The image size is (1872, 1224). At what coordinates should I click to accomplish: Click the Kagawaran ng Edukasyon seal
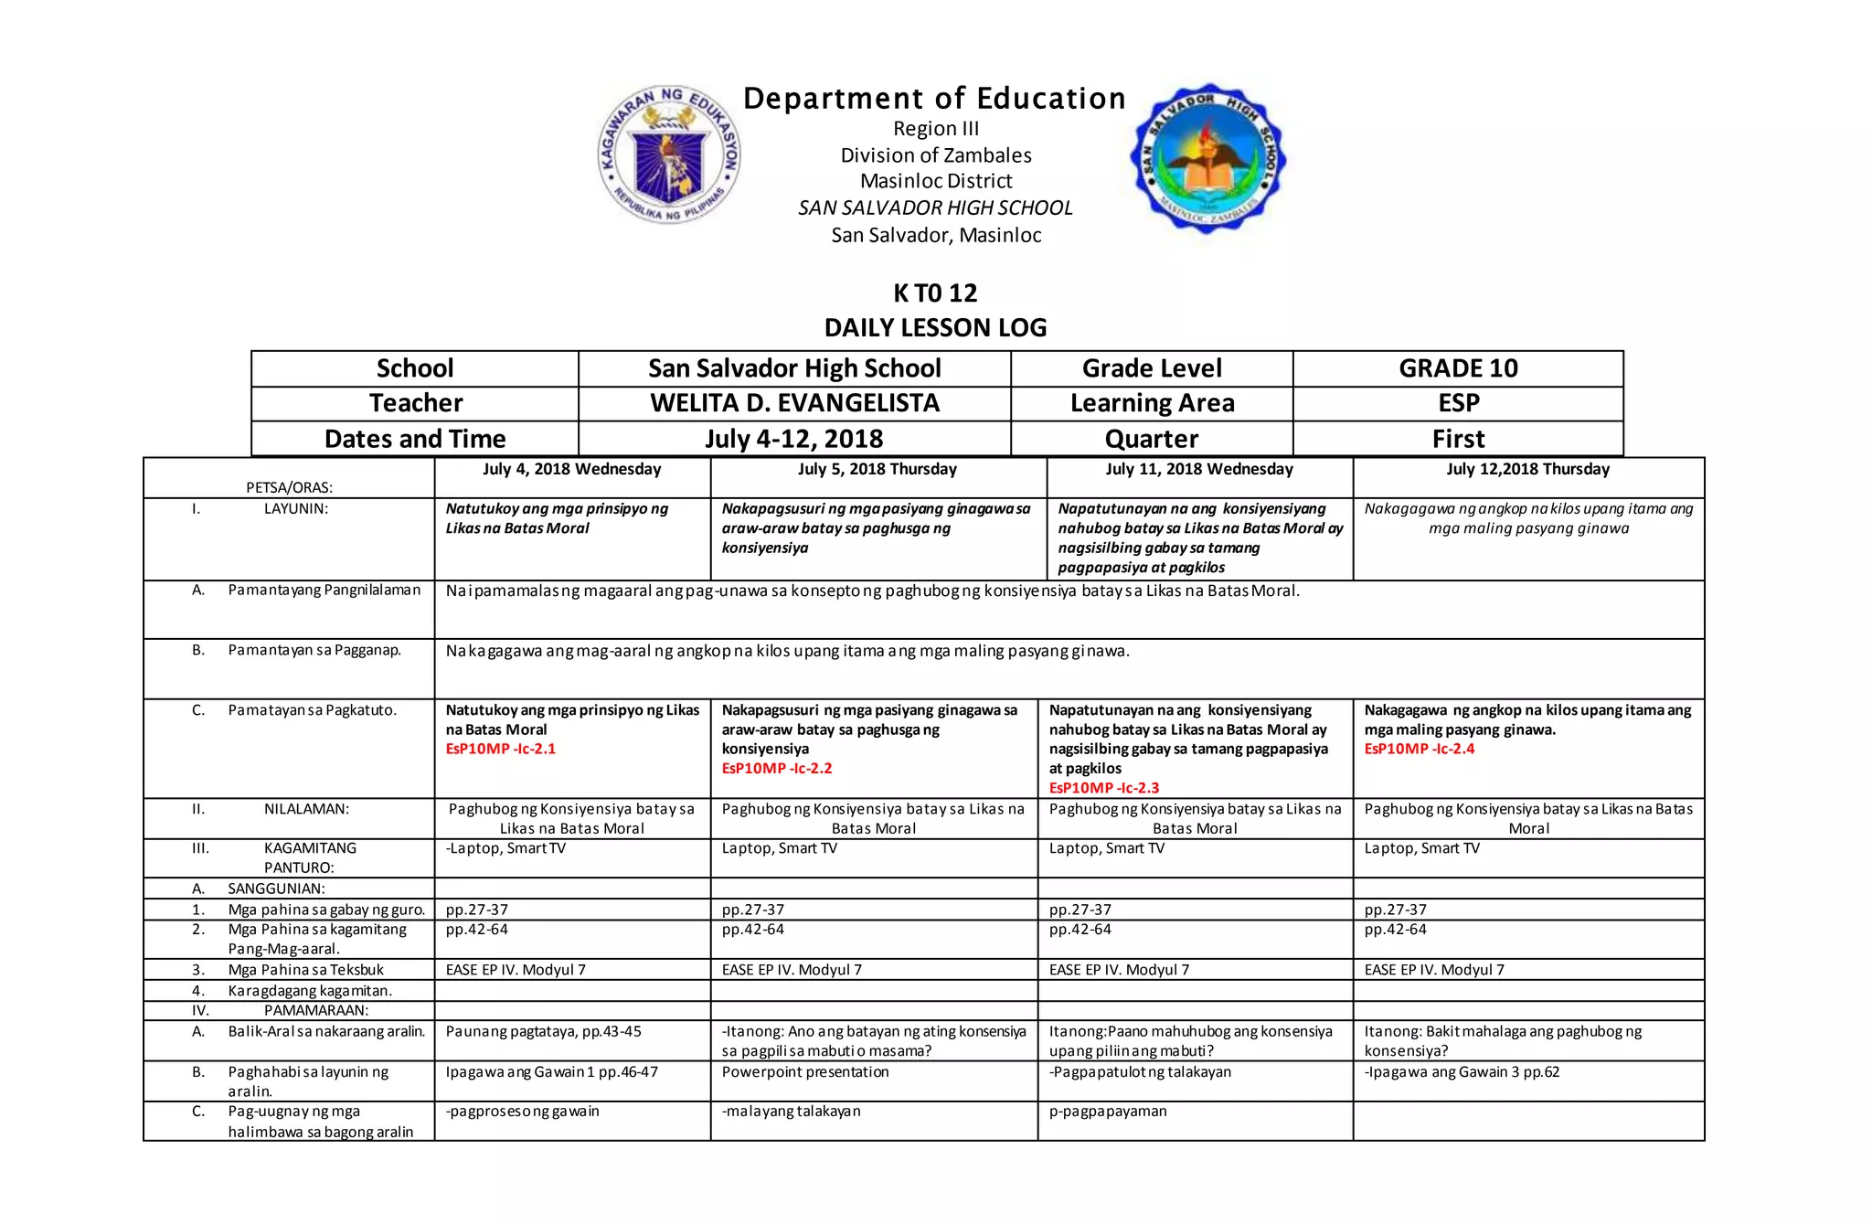click(x=669, y=155)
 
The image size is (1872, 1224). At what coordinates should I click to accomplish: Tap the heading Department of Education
click(x=934, y=99)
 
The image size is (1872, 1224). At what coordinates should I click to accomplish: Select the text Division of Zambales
click(x=936, y=155)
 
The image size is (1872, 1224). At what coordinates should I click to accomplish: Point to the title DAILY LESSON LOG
click(x=935, y=327)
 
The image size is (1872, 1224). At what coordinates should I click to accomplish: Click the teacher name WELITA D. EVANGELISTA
click(x=794, y=403)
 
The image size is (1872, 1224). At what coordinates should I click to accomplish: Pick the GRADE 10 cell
click(x=1458, y=368)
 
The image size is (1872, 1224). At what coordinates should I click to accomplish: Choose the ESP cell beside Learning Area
click(x=1458, y=403)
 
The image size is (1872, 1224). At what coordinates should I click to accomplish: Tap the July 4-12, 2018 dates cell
click(x=794, y=439)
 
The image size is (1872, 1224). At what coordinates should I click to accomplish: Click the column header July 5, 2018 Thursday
click(x=877, y=469)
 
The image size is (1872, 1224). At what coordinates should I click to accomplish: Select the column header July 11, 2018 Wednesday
click(x=1199, y=469)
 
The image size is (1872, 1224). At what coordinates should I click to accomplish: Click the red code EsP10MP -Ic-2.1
click(x=501, y=749)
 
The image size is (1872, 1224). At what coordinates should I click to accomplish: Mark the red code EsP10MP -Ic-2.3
click(x=1104, y=788)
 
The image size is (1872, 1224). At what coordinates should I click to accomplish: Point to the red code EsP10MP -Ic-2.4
click(x=1420, y=749)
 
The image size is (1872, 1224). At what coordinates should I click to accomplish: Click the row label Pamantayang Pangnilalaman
click(x=324, y=590)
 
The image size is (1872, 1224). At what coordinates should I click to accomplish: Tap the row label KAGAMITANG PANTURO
click(x=310, y=857)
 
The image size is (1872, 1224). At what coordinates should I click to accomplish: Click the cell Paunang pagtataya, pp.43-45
click(x=544, y=1031)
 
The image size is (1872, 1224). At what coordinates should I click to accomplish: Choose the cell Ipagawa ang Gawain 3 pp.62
click(x=1463, y=1071)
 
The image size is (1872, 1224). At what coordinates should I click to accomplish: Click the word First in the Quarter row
click(x=1458, y=439)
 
